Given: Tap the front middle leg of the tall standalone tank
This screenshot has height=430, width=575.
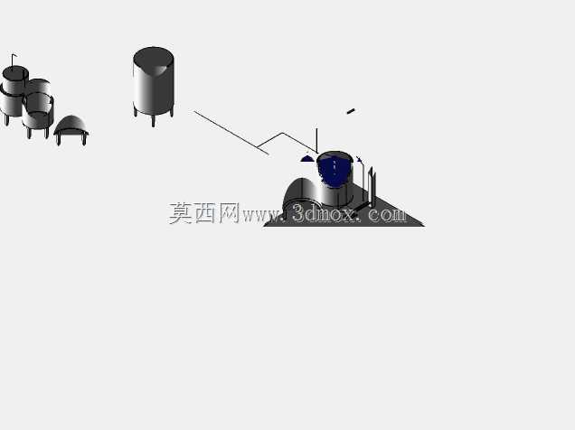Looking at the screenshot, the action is click(154, 121).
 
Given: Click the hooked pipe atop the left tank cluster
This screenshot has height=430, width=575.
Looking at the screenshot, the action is click(14, 61).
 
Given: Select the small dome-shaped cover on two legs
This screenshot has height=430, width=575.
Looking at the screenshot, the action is click(71, 129).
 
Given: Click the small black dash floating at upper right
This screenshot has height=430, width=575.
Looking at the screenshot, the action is click(351, 111).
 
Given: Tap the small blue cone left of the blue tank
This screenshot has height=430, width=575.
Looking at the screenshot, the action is click(307, 159).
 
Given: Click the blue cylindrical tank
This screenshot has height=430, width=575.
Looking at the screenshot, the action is click(335, 179).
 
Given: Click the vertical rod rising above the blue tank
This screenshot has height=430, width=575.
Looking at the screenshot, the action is click(316, 140).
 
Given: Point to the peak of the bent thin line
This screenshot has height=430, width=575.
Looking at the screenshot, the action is click(283, 133).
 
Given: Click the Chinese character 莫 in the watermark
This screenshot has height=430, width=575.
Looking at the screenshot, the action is click(181, 213).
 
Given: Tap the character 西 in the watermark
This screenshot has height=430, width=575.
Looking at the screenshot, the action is click(205, 213).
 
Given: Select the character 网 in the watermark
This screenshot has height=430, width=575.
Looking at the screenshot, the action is click(230, 213).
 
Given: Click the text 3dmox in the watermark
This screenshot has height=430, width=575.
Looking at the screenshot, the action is click(324, 213).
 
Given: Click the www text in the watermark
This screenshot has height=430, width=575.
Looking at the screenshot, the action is click(260, 216).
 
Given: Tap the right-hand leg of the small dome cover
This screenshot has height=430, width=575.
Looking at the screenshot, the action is click(84, 139).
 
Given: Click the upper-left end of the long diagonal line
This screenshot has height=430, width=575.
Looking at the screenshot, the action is click(194, 111).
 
